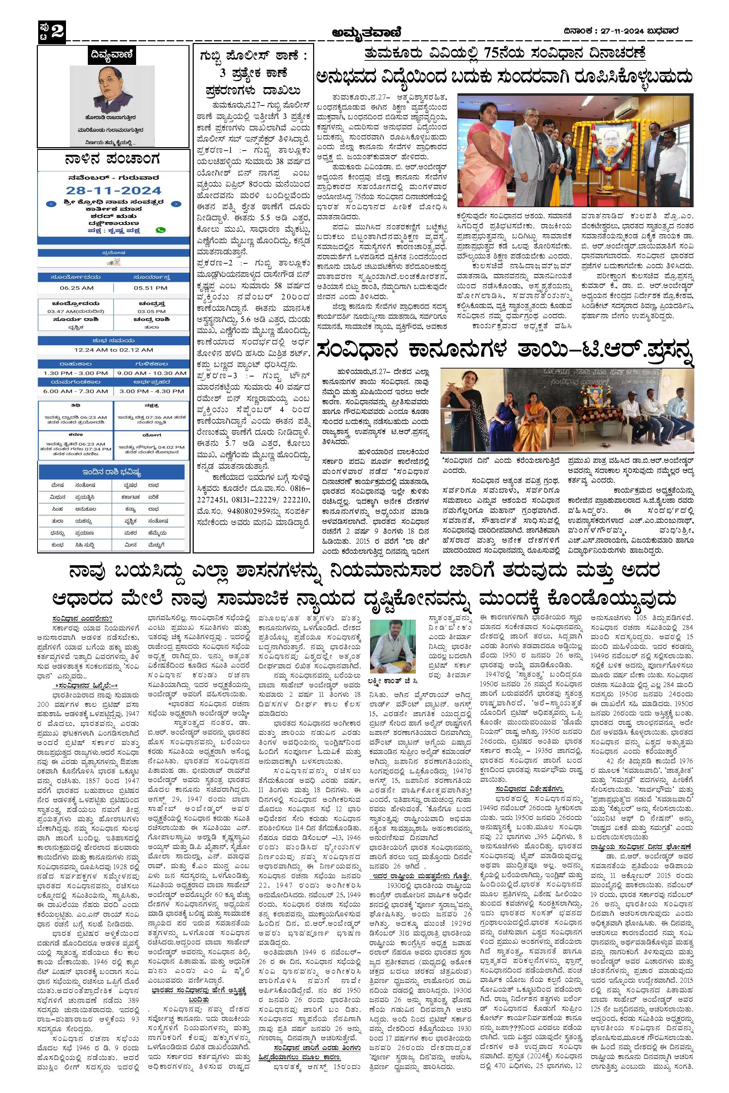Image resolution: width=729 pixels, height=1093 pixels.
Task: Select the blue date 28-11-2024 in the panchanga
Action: coord(114,191)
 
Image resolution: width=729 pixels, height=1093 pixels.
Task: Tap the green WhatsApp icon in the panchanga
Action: coord(161,230)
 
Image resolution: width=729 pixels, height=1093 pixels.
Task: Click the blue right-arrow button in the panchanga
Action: coord(177,204)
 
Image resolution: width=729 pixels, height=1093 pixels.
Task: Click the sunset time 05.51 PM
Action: coord(151,288)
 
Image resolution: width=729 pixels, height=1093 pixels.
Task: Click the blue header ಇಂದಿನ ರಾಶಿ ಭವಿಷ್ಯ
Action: coord(114,472)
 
